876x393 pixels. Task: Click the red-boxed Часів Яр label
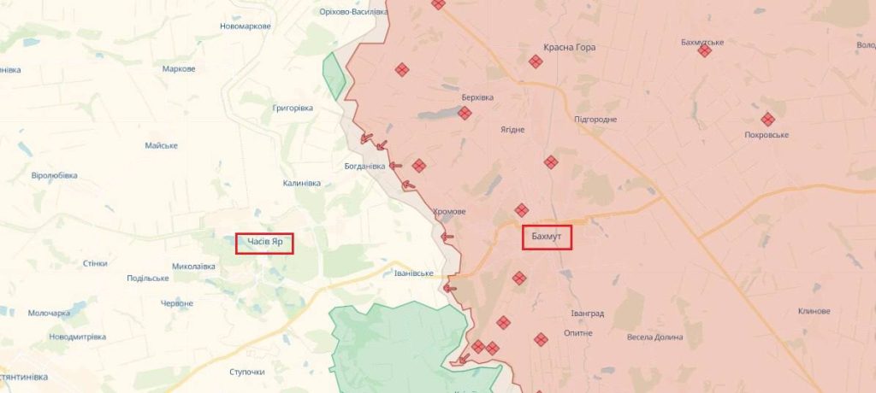pyautogui.click(x=264, y=243)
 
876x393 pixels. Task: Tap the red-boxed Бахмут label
pyautogui.click(x=547, y=237)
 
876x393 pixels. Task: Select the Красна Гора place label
pyautogui.click(x=570, y=48)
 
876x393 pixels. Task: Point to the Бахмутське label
pyautogui.click(x=702, y=42)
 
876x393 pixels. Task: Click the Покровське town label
pyautogui.click(x=766, y=135)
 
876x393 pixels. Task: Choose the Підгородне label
pyautogui.click(x=595, y=119)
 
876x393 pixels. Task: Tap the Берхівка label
pyautogui.click(x=477, y=97)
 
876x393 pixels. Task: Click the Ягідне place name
pyautogui.click(x=512, y=130)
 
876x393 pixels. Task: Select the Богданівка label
pyautogui.click(x=365, y=166)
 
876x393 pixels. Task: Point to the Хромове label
pyautogui.click(x=449, y=211)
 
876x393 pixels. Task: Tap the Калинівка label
pyautogui.click(x=301, y=184)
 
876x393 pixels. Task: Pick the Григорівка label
pyautogui.click(x=293, y=108)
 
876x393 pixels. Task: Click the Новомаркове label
pyautogui.click(x=245, y=26)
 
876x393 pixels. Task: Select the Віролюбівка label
pyautogui.click(x=54, y=175)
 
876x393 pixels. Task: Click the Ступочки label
pyautogui.click(x=247, y=372)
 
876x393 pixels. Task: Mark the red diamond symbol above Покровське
pyautogui.click(x=767, y=120)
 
